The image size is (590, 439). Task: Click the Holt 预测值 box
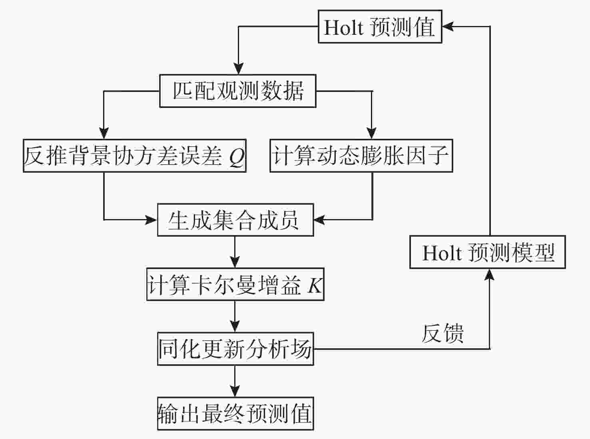[380, 27]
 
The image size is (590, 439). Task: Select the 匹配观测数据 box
[238, 91]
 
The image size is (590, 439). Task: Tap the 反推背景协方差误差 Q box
[134, 156]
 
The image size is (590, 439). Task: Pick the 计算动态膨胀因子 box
[361, 156]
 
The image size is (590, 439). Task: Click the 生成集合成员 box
[235, 220]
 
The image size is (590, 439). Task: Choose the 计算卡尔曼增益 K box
[235, 284]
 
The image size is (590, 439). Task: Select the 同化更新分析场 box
[235, 349]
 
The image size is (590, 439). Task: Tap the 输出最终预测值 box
[235, 413]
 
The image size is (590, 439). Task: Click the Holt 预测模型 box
[488, 252]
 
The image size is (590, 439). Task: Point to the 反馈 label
[443, 333]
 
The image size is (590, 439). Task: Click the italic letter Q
[237, 157]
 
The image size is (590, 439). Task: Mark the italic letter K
[315, 285]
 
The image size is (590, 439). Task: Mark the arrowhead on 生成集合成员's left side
[151, 219]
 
